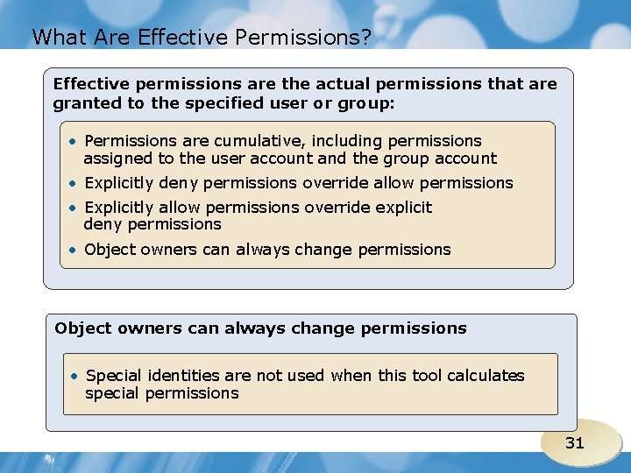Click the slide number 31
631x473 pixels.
[x=574, y=443]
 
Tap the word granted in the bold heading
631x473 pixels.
[x=85, y=102]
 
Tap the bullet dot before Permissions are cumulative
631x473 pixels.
[x=76, y=141]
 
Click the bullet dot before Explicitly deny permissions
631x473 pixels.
[x=76, y=183]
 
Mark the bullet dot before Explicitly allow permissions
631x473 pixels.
[x=76, y=208]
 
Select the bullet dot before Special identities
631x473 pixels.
[x=77, y=376]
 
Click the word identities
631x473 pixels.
[x=184, y=376]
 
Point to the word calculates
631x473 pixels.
[x=486, y=376]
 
